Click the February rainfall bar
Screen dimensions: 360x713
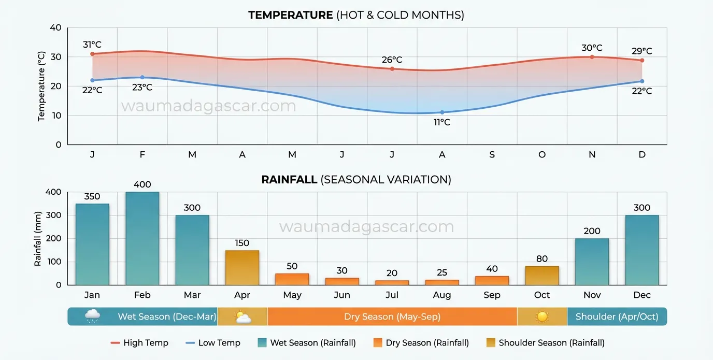pos(142,238)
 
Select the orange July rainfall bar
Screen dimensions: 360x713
pos(392,282)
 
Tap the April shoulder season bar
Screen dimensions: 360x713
pos(242,267)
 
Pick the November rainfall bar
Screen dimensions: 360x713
pos(592,262)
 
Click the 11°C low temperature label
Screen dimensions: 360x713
pos(442,123)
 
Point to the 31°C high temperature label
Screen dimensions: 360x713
pos(92,45)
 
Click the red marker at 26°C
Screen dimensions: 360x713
pos(392,69)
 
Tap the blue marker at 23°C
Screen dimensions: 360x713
pos(142,78)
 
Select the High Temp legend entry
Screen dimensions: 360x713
pos(139,343)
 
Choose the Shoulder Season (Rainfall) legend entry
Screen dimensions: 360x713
pos(546,343)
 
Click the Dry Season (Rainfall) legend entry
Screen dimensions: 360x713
pos(421,343)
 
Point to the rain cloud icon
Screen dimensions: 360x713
pos(92,316)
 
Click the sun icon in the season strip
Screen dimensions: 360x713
pos(542,316)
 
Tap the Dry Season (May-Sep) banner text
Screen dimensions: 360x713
pos(392,316)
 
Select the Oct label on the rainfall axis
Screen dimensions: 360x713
pos(542,295)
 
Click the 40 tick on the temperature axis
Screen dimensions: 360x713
pos(55,27)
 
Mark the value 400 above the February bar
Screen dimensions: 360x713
pos(142,184)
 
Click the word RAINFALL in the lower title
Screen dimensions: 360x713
pos(289,180)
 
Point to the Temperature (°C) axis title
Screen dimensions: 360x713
pos(42,86)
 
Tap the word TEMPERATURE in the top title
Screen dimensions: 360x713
pos(290,15)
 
